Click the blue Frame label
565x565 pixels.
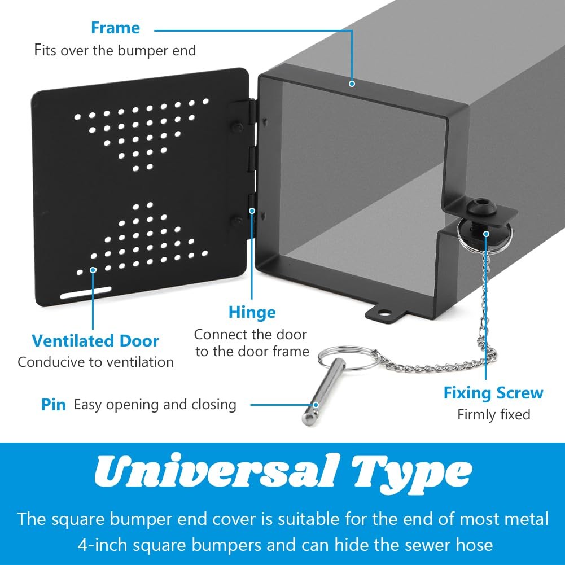115,28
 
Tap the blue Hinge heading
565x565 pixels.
252,312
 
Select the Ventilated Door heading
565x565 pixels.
95,341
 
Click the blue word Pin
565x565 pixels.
53,405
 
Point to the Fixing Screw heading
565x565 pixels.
493,393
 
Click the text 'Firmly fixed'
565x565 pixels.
494,415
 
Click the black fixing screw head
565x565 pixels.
482,208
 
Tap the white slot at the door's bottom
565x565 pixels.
86,292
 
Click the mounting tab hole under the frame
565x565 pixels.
385,313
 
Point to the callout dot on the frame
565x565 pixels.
352,84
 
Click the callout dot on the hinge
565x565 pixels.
252,211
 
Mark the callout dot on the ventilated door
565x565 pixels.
93,270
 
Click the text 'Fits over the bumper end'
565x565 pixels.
115,50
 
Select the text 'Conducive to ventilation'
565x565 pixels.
95,362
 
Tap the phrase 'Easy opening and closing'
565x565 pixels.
155,405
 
